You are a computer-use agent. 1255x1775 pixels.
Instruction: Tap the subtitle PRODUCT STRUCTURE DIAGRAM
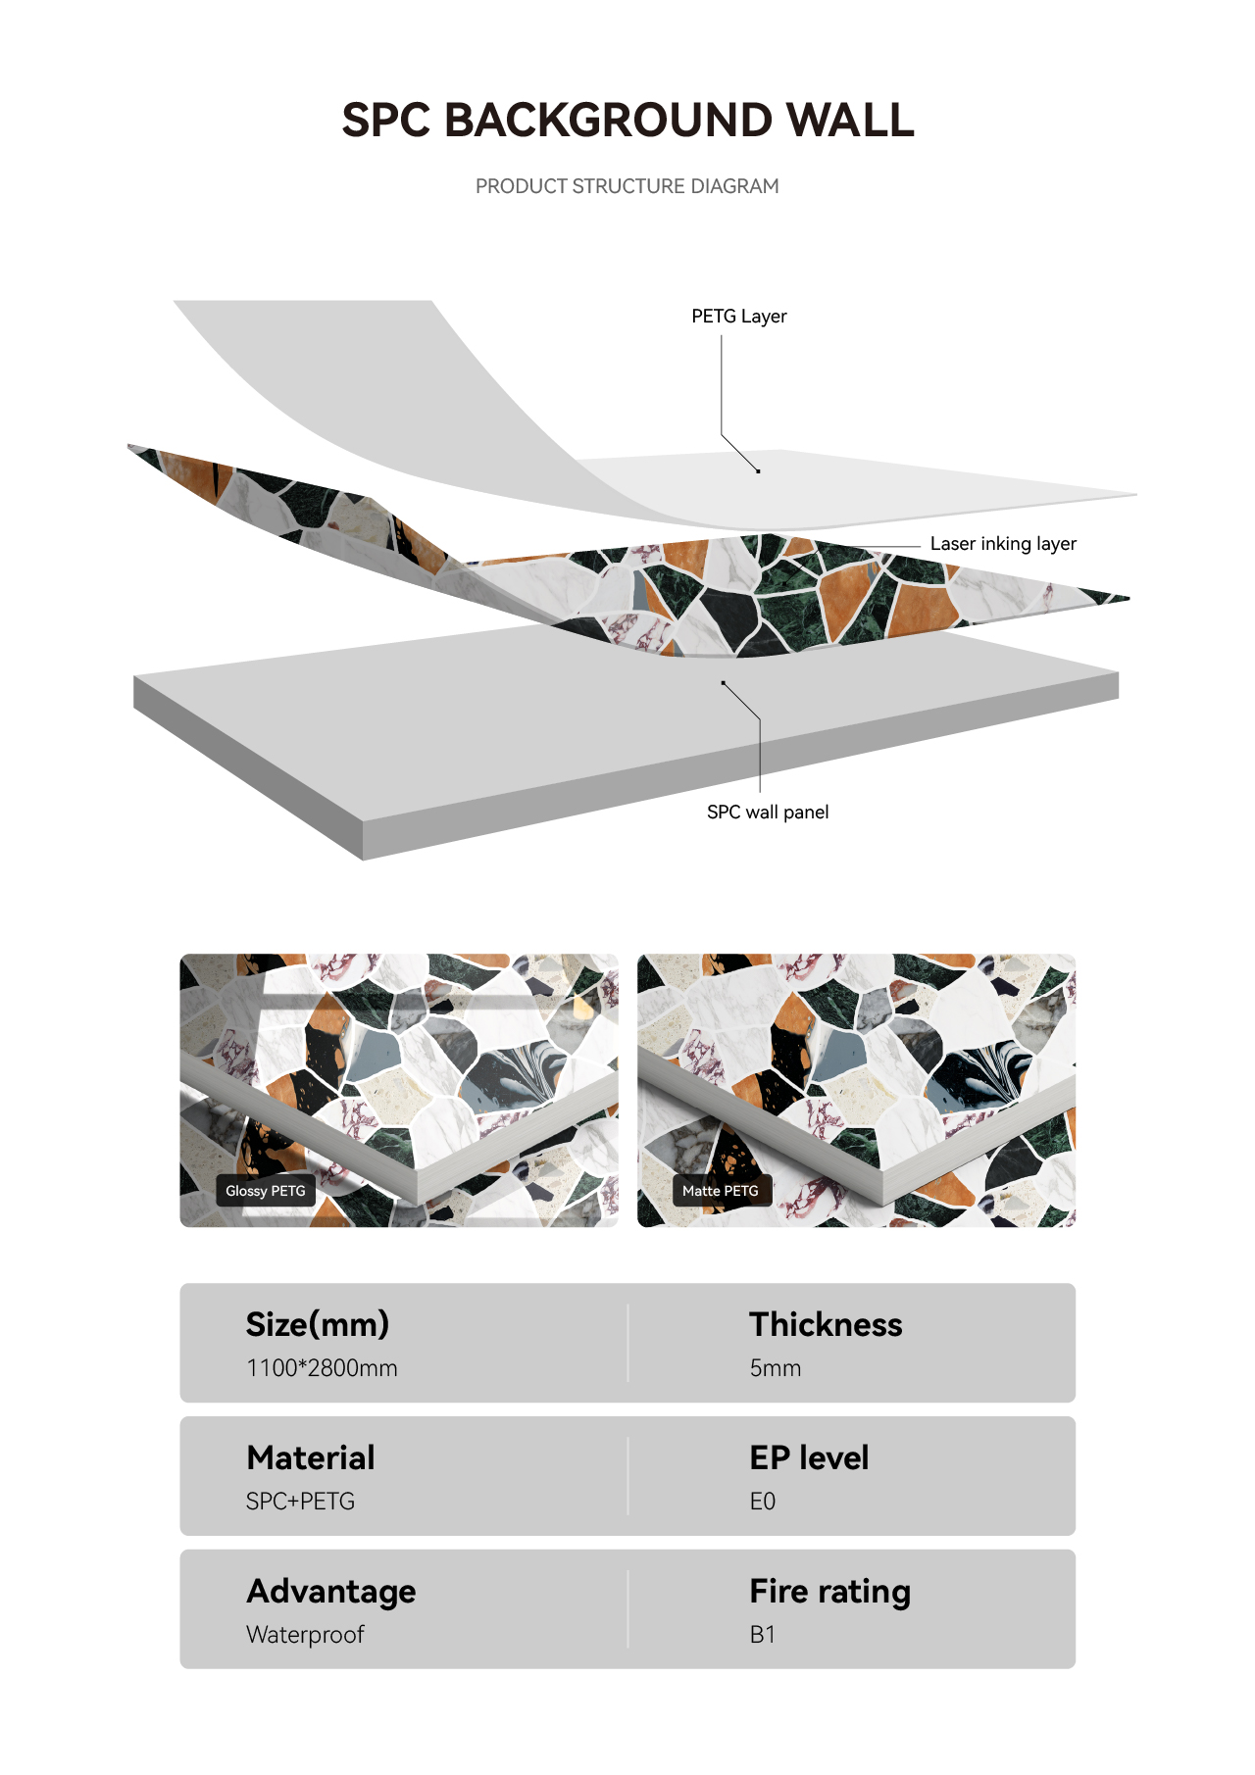coord(627,186)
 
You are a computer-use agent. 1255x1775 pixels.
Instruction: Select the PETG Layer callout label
coord(739,317)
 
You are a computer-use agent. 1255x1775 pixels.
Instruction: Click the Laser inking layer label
coord(1003,544)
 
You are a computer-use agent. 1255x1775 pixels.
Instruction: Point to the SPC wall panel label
coord(768,812)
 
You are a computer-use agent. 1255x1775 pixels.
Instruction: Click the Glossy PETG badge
coord(266,1191)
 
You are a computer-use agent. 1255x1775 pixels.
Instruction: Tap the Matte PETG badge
coord(721,1191)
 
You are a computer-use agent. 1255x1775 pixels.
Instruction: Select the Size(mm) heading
coord(318,1324)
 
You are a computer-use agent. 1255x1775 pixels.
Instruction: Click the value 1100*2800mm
coord(322,1368)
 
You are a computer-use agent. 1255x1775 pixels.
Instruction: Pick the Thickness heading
coord(826,1324)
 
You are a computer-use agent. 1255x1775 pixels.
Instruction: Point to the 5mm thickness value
coord(776,1368)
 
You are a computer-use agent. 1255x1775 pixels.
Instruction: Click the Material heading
coord(311,1457)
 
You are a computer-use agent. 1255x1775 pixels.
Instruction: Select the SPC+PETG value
coord(300,1502)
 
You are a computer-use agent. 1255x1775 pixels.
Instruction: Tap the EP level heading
coord(809,1457)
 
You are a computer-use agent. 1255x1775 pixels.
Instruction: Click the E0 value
coord(763,1502)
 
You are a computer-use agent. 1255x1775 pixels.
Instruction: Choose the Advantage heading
coord(331,1592)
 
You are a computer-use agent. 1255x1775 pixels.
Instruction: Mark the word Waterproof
coord(305,1635)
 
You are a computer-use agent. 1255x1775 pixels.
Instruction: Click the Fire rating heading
coord(830,1592)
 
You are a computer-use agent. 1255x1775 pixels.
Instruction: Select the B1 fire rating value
coord(763,1635)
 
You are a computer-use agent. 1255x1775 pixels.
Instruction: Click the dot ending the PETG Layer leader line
coord(758,471)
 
